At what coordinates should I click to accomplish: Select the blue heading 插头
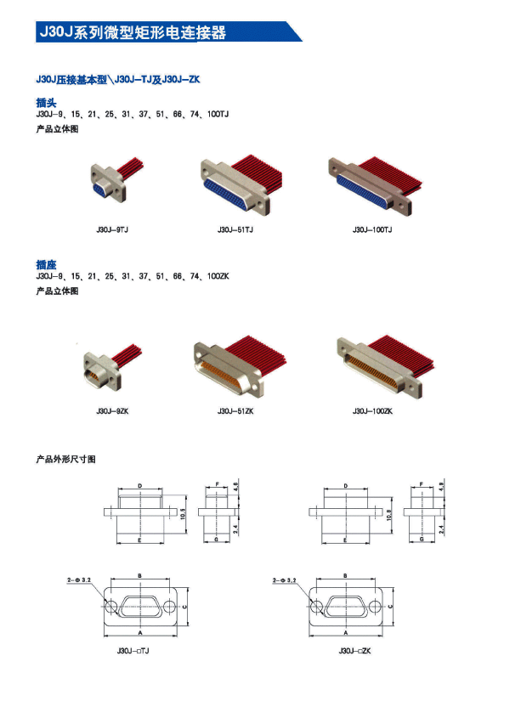47,103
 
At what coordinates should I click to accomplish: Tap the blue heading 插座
47,264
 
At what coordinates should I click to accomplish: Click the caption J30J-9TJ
112,229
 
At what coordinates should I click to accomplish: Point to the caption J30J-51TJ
235,229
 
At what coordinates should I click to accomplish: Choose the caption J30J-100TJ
372,229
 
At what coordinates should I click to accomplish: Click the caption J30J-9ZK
112,411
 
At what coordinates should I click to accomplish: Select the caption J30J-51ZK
235,411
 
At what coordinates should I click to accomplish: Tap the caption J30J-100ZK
372,411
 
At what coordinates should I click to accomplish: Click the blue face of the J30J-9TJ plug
102,189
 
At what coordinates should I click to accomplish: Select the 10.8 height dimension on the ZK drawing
388,515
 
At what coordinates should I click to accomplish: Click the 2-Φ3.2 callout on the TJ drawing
79,579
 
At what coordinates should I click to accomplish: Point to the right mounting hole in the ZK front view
375,607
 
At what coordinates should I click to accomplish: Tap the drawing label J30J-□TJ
133,651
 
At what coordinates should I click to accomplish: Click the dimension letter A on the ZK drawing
346,632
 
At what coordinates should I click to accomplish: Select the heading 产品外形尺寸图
65,459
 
